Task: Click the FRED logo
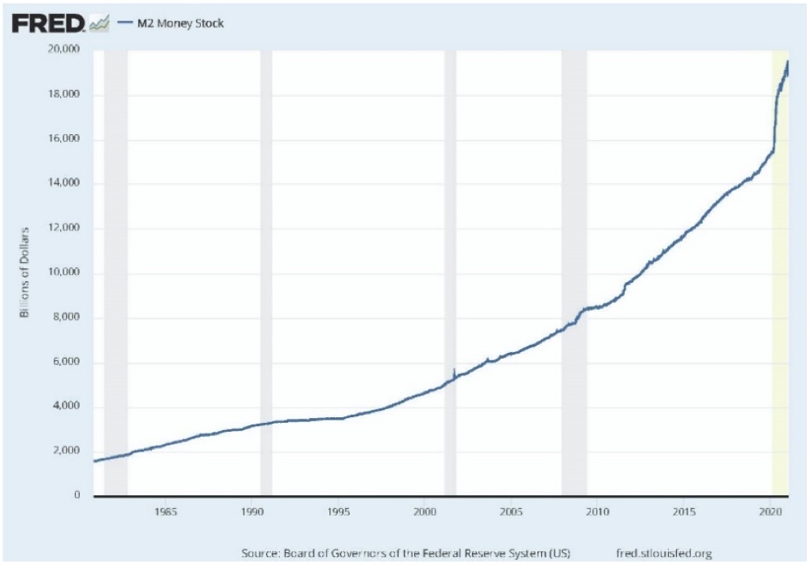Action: [x=48, y=24]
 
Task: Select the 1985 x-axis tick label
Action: [x=165, y=513]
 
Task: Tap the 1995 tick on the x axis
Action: [x=338, y=513]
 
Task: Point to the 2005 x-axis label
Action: [x=511, y=513]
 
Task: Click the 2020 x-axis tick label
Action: [x=771, y=513]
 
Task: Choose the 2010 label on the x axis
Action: [x=597, y=513]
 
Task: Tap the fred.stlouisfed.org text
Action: [x=665, y=554]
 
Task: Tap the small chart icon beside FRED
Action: [x=99, y=24]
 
